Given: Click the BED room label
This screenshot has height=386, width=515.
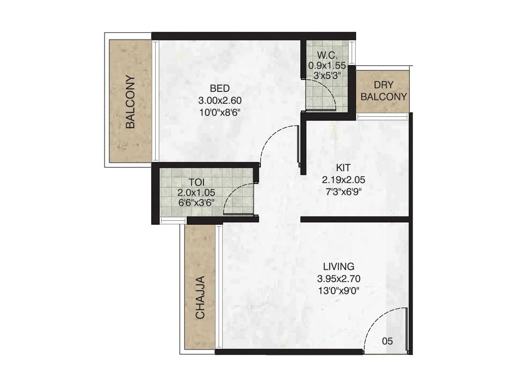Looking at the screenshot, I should (220, 89).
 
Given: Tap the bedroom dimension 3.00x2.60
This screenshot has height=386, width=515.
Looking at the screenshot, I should (220, 101).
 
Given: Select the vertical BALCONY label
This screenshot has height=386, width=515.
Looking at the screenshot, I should (130, 102).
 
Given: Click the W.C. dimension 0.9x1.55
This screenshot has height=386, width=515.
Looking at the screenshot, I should (327, 66).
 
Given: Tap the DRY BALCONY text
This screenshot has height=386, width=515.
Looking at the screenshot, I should (384, 91).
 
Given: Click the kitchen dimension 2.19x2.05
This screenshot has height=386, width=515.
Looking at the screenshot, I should (343, 181).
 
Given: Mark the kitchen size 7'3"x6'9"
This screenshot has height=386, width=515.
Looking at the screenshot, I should (343, 192).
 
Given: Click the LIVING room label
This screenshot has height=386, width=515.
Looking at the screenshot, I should (339, 266).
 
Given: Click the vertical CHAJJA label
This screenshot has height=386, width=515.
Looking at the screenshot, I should (200, 297).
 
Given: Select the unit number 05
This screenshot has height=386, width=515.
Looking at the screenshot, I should (387, 341).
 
